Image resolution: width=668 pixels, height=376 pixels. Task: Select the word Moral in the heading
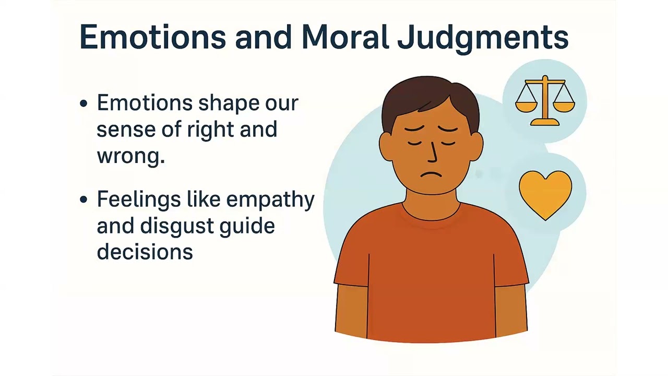click(344, 38)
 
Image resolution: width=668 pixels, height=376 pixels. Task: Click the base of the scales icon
click(545, 123)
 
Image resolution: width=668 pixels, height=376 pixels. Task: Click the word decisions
click(145, 252)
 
